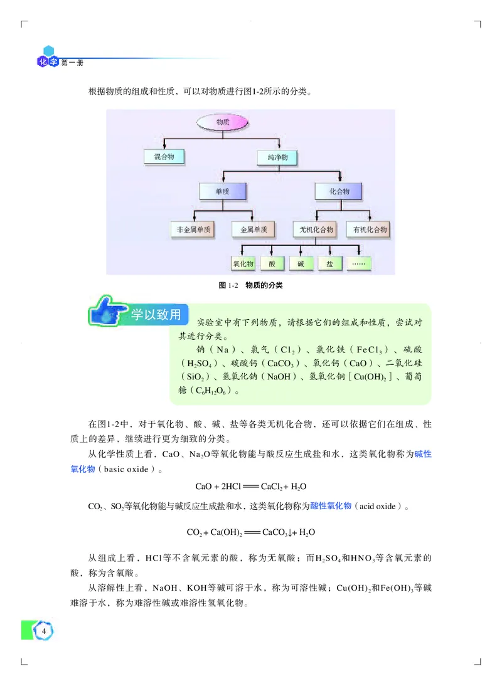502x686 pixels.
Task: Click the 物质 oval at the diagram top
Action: pos(223,122)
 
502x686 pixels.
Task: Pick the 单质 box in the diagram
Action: pos(222,192)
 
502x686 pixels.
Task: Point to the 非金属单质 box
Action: pos(192,230)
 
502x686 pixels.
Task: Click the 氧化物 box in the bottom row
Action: pos(243,264)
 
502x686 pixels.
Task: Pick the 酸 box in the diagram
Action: pos(272,264)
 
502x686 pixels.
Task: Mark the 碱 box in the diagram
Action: pos(301,264)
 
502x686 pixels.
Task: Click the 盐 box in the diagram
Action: pos(330,264)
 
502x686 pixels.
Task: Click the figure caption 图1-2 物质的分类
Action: pos(250,285)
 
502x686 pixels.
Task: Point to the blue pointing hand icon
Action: pos(107,312)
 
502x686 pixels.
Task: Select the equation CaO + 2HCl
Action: pos(250,486)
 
